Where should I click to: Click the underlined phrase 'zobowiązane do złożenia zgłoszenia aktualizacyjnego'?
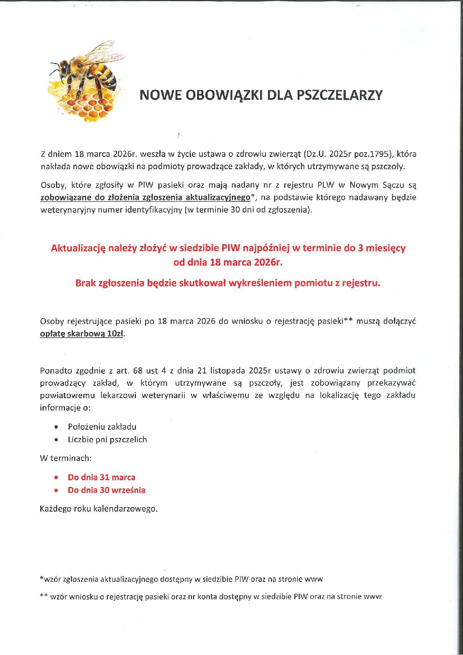[145, 197]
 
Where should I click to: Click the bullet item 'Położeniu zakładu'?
[102, 427]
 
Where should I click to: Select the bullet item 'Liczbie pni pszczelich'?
[107, 440]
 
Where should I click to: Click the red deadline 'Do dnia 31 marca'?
[101, 477]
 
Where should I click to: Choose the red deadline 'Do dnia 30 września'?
[106, 490]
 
